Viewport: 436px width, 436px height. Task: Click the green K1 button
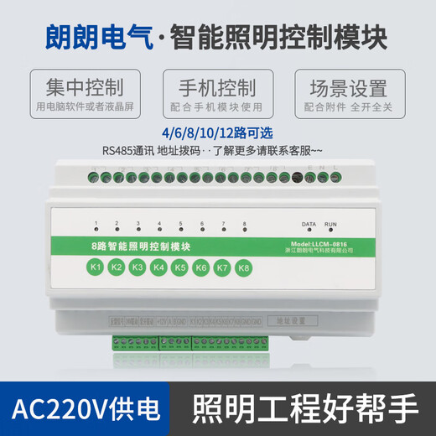(96, 267)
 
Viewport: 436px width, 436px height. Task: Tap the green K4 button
(159, 267)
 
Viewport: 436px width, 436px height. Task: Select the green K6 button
(201, 268)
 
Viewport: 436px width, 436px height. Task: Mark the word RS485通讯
(125, 151)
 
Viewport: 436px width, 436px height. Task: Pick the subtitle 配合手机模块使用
(216, 108)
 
